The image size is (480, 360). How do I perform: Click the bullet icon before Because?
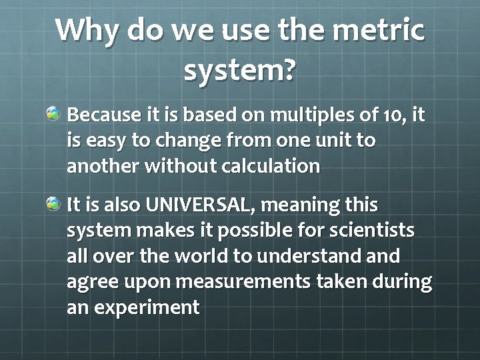click(x=53, y=113)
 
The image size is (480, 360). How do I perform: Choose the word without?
click(x=176, y=166)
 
